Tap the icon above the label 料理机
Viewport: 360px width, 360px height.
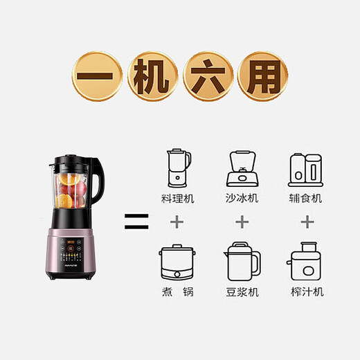click(178, 167)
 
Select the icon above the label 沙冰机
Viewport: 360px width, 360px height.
click(242, 168)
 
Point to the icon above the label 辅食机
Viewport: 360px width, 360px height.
click(305, 168)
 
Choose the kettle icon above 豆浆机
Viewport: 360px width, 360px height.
click(242, 260)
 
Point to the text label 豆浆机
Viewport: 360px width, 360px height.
click(242, 292)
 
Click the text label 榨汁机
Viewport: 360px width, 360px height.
click(305, 292)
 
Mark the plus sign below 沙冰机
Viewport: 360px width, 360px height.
click(242, 222)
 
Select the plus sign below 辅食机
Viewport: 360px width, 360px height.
click(305, 222)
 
